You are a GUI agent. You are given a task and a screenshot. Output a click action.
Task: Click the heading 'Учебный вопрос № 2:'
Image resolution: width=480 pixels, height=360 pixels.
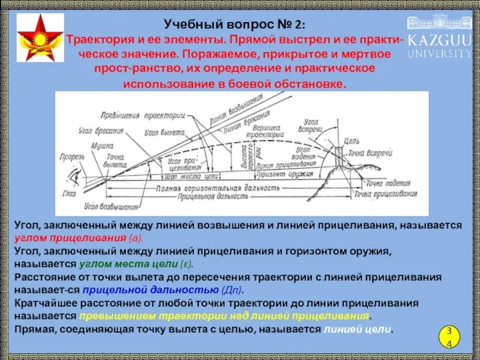pyautogui.click(x=235, y=25)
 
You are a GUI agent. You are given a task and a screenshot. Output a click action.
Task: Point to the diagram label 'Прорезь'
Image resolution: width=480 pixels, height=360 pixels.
pyautogui.click(x=71, y=157)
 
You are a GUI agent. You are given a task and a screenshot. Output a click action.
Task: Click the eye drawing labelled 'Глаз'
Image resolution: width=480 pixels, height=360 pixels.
pyautogui.click(x=76, y=178)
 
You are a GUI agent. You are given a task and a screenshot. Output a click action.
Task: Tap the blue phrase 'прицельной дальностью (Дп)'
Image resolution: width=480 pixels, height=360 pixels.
pyautogui.click(x=162, y=290)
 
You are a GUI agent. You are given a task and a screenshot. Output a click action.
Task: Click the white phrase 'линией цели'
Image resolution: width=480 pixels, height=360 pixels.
pyautogui.click(x=358, y=329)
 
